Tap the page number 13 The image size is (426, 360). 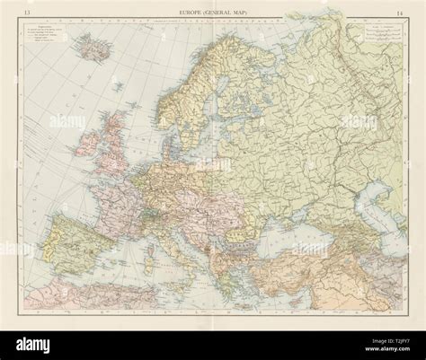(x=29, y=11)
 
